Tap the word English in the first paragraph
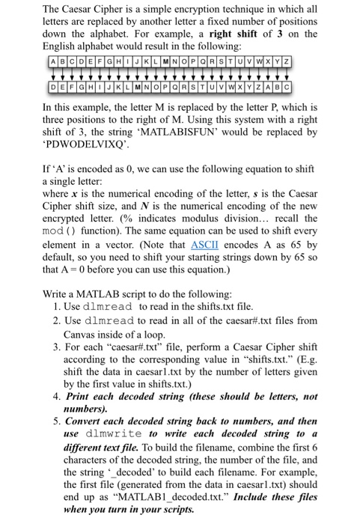(x=62, y=48)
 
